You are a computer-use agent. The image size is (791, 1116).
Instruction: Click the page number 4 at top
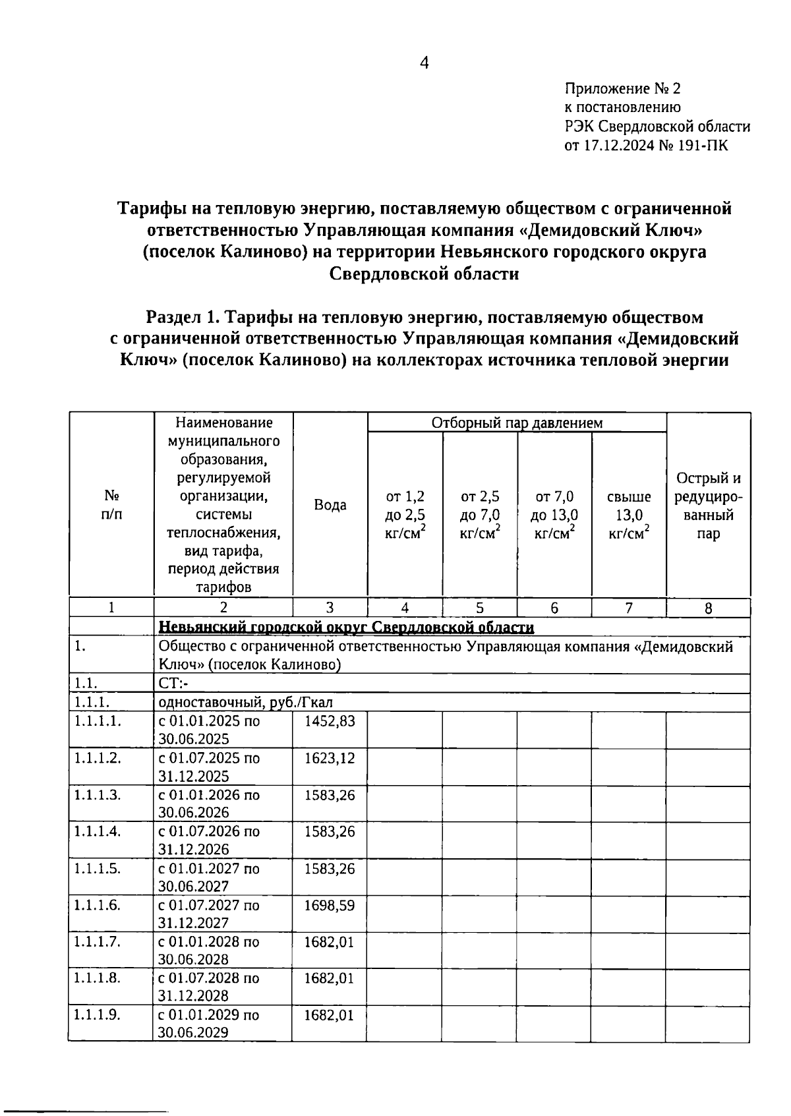tap(424, 63)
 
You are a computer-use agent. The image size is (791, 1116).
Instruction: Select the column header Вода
tap(330, 505)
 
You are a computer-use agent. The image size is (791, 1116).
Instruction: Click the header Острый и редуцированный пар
tap(708, 506)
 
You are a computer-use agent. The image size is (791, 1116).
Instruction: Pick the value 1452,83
tap(329, 721)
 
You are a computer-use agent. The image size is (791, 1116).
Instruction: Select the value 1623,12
tap(329, 758)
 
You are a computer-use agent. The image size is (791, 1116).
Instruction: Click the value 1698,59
tap(329, 905)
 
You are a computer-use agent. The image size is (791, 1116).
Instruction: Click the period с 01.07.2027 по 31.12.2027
tap(209, 914)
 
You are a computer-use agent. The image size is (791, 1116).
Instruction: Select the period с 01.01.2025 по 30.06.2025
tap(209, 730)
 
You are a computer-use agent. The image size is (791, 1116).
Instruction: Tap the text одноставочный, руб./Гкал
tap(245, 703)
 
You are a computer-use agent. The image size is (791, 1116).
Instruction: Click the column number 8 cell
tap(708, 608)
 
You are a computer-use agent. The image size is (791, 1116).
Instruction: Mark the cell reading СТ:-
tap(173, 684)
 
